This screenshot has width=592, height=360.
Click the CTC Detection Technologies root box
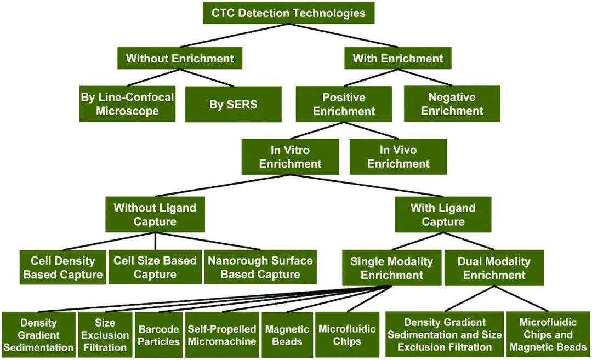[x=288, y=13]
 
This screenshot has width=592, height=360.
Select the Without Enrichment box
[x=180, y=58]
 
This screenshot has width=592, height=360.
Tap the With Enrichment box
[x=397, y=58]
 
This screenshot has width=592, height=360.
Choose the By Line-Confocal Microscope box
[x=127, y=104]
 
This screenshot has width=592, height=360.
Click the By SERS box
[x=233, y=104]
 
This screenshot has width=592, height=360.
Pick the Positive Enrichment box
[x=344, y=104]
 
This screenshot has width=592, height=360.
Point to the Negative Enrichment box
[x=452, y=104]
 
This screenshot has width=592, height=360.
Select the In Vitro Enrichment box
[x=290, y=156]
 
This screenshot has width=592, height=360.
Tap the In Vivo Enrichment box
[x=398, y=156]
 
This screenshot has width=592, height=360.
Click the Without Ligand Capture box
[x=155, y=214]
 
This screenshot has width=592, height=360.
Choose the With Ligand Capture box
[x=443, y=214]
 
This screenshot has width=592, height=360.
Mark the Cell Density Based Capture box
[x=62, y=267]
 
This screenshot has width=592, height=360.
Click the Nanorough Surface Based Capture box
[x=260, y=267]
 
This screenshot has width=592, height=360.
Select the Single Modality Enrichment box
[x=391, y=268]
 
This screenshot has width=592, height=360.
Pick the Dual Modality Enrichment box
[x=494, y=268]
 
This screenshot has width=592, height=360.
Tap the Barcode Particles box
[x=158, y=335]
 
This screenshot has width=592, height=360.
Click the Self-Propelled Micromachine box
[x=222, y=335]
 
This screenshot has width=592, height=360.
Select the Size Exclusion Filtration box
[x=105, y=335]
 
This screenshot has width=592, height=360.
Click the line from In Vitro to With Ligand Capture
[x=373, y=186]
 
